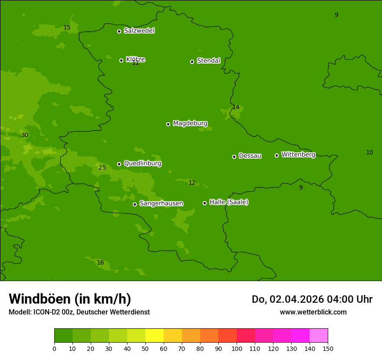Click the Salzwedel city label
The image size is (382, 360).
[139, 31]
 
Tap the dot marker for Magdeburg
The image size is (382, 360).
[168, 124]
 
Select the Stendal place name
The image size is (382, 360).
[208, 61]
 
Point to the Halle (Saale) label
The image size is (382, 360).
[229, 202]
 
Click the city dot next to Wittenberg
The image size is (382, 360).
[277, 155]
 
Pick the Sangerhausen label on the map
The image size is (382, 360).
[161, 203]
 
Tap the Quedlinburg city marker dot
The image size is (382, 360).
[119, 164]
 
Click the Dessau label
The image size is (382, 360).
[250, 156]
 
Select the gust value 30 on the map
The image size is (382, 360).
[25, 135]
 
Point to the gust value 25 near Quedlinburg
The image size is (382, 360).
[102, 168]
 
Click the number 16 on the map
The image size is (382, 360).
[100, 263]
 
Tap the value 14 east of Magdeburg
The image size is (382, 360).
[236, 108]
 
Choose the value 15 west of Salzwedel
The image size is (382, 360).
[67, 28]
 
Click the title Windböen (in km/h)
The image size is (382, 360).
[70, 299]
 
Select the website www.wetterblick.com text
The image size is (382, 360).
[313, 312]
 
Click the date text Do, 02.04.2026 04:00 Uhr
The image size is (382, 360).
[312, 299]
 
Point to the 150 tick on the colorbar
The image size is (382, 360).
[328, 348]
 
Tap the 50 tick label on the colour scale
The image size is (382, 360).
[145, 348]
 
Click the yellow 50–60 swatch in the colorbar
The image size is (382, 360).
[155, 336]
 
